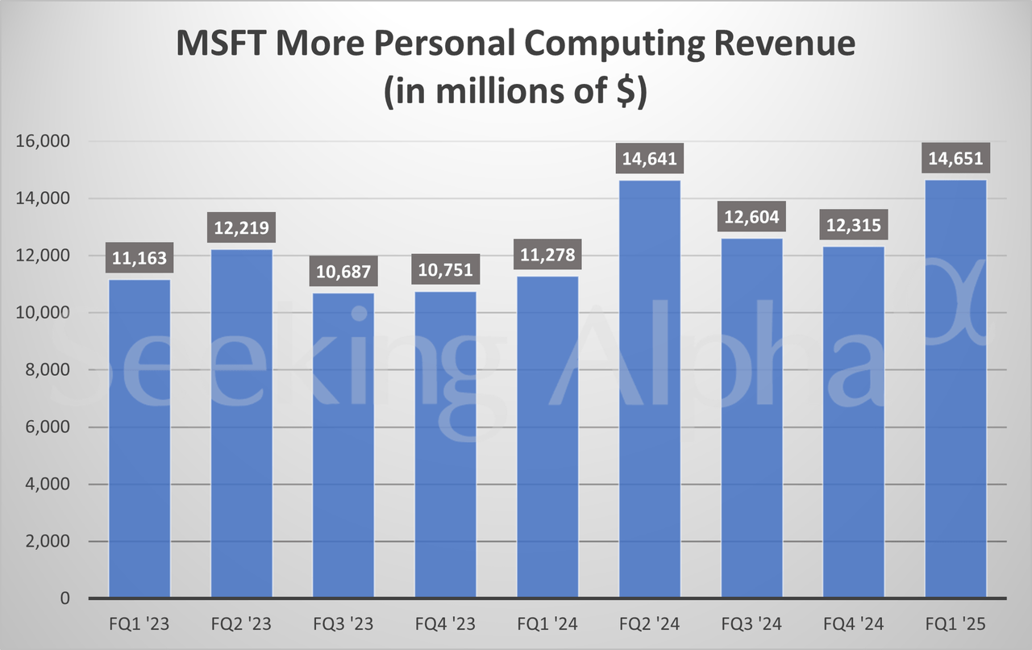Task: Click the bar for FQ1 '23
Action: tap(139, 440)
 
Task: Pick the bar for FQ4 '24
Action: tap(854, 423)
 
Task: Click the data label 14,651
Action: tap(955, 158)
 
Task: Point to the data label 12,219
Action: tap(242, 228)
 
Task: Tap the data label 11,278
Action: tap(547, 255)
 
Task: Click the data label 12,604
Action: tap(751, 217)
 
